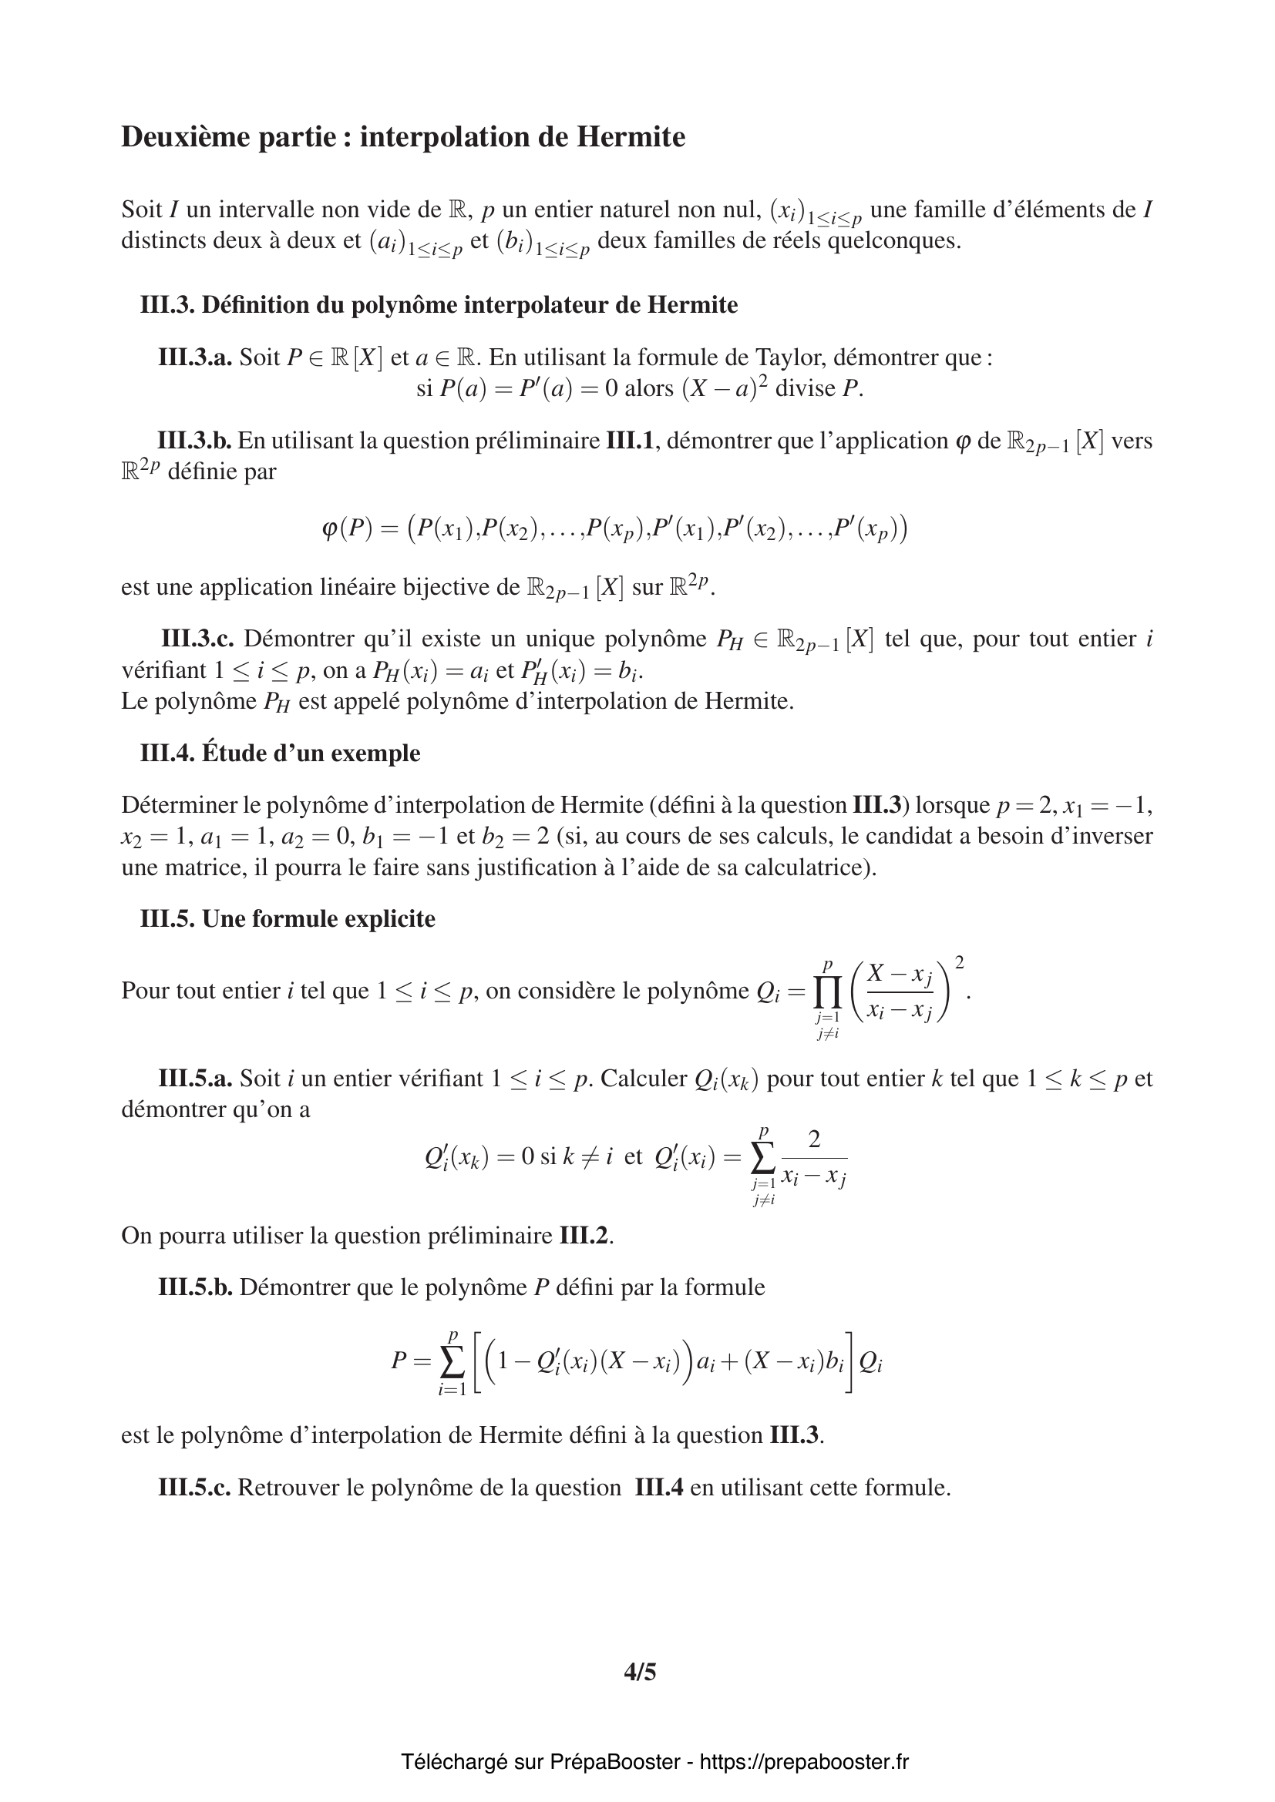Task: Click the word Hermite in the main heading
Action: pyautogui.click(x=631, y=137)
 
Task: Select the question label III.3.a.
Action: pyautogui.click(x=195, y=357)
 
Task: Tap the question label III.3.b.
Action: pyautogui.click(x=194, y=441)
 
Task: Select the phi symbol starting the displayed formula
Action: pyautogui.click(x=329, y=529)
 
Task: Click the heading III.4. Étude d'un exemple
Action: pyautogui.click(x=281, y=753)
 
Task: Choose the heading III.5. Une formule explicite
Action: pyautogui.click(x=288, y=918)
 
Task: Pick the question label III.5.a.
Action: pyautogui.click(x=195, y=1078)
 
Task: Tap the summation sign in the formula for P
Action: pyautogui.click(x=452, y=1361)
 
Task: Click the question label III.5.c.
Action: pyautogui.click(x=194, y=1487)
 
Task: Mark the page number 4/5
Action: pyautogui.click(x=640, y=1673)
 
